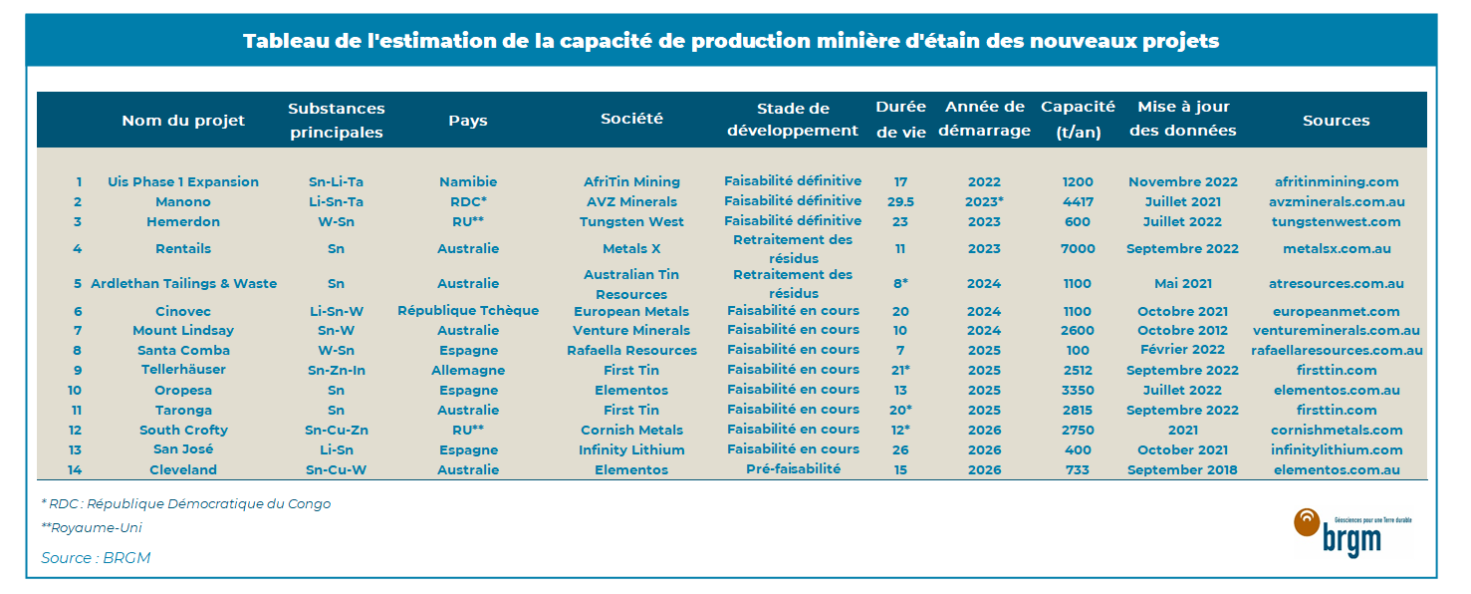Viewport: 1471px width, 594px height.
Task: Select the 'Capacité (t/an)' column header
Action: point(1078,120)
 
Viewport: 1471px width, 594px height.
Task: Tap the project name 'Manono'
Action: point(183,202)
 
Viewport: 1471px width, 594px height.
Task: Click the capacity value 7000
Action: point(1078,249)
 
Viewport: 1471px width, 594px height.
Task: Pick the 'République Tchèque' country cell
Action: point(468,311)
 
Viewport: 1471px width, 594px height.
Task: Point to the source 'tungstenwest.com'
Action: point(1337,221)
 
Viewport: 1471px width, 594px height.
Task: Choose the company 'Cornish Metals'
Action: point(631,431)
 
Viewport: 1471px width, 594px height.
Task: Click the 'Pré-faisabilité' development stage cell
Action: point(793,468)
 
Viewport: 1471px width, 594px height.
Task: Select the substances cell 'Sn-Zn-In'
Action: point(336,370)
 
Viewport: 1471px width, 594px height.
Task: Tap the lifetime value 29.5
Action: point(900,202)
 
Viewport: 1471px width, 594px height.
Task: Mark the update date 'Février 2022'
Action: point(1182,350)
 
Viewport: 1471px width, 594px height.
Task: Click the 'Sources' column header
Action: point(1336,121)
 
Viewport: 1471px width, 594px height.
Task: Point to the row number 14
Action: point(75,469)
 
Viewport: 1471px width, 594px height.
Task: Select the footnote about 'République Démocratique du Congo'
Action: point(185,504)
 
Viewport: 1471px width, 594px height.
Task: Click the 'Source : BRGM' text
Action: point(96,558)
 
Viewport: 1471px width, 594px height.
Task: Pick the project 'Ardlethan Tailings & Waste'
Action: point(183,284)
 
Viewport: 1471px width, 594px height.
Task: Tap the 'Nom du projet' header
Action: point(183,121)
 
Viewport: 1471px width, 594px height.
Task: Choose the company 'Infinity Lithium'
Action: point(631,449)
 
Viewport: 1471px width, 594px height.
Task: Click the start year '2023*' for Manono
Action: point(984,202)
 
